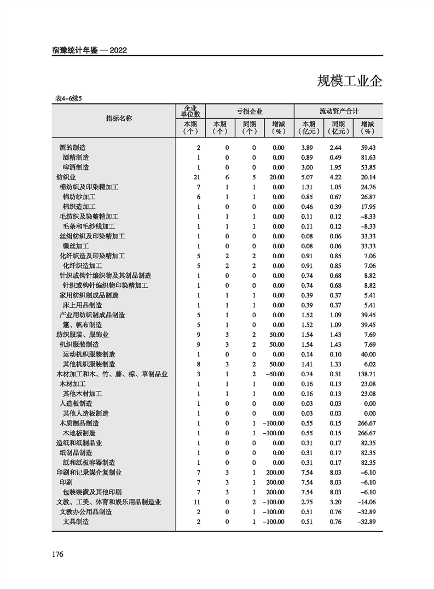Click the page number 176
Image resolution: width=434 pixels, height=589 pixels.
coord(58,555)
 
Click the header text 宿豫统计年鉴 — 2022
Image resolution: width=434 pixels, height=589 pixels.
coord(90,50)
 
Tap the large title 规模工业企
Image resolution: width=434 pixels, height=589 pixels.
coord(349,81)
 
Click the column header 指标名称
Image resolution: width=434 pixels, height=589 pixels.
coord(119,118)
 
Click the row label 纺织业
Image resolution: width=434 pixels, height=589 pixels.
coord(66,177)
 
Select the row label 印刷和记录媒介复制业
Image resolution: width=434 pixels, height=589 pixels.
coord(89,473)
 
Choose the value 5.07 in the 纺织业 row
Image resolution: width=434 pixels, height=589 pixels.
coord(309,177)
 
